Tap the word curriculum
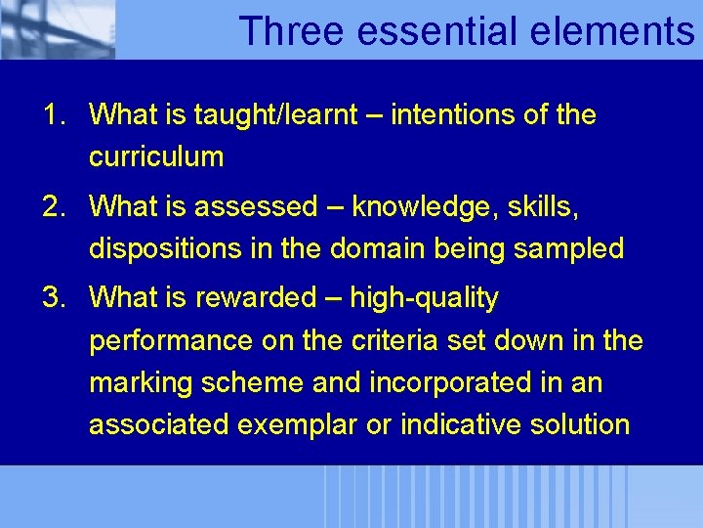(156, 156)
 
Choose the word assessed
(256, 207)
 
